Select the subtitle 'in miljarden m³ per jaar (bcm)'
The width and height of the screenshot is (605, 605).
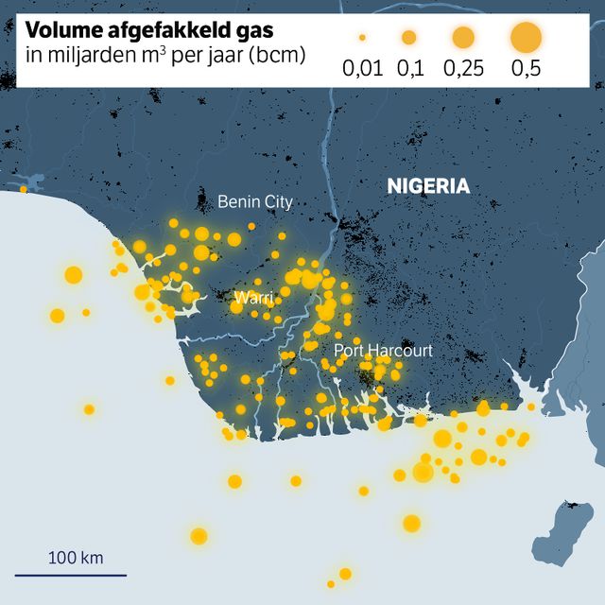162,56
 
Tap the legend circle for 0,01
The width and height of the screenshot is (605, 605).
362,38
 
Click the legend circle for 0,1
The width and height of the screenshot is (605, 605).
408,38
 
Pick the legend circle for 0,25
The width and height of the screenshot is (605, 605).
462,38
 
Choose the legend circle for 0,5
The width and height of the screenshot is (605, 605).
526,38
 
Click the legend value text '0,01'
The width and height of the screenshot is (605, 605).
362,68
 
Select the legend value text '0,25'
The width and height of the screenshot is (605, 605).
462,68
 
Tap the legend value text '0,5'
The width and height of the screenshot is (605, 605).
526,68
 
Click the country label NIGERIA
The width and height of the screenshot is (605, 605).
428,186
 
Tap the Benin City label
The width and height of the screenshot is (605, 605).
255,201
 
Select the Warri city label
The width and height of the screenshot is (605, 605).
253,298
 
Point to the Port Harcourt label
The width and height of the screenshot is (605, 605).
383,351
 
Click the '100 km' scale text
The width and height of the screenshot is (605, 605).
76,557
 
